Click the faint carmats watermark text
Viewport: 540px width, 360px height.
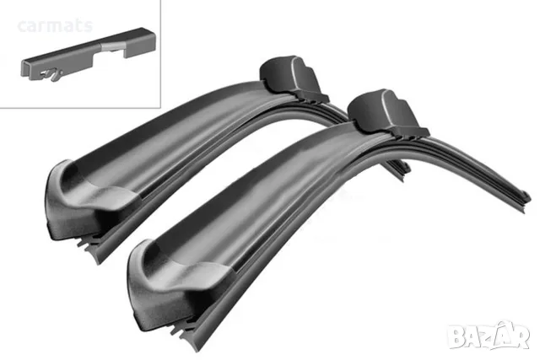[55, 26]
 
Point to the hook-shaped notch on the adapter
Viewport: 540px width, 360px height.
[51, 75]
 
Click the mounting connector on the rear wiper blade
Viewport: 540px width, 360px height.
[294, 78]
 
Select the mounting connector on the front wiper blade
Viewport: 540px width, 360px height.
[387, 115]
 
